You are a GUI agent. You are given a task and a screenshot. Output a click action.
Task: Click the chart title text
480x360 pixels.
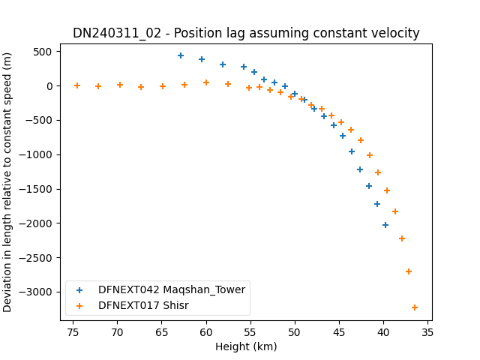pos(246,33)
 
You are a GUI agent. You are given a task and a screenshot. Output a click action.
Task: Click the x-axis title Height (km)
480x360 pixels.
pos(246,346)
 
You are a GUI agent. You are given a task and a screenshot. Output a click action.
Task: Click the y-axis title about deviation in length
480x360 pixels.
pos(7,182)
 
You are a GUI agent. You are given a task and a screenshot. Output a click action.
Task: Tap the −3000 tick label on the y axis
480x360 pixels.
pos(35,292)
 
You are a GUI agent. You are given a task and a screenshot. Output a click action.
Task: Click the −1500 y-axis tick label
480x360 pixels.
pos(35,189)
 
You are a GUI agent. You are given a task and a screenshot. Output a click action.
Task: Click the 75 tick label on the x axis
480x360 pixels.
pos(73,332)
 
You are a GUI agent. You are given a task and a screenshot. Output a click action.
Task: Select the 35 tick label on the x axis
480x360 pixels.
pos(427,332)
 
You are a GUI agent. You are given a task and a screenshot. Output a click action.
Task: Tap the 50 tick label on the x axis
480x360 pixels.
pos(295,332)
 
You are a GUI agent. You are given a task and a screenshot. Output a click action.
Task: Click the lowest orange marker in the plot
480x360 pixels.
pos(415,307)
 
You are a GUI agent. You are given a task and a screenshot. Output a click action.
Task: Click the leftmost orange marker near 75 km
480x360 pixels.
pos(77,85)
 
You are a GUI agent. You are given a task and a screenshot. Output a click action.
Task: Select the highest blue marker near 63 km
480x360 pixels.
pos(181,55)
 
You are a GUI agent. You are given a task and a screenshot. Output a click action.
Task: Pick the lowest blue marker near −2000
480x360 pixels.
pos(385,225)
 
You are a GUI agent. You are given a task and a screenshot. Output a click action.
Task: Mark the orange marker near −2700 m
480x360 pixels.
pos(408,271)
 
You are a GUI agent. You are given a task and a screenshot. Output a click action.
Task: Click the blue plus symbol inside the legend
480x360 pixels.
pos(79,290)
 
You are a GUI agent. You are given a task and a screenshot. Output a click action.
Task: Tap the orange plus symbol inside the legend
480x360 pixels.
pos(79,306)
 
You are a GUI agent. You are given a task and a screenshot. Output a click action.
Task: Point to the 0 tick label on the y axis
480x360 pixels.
pos(49,86)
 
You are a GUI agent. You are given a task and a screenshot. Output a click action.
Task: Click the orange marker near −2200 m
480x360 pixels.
pos(402,238)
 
